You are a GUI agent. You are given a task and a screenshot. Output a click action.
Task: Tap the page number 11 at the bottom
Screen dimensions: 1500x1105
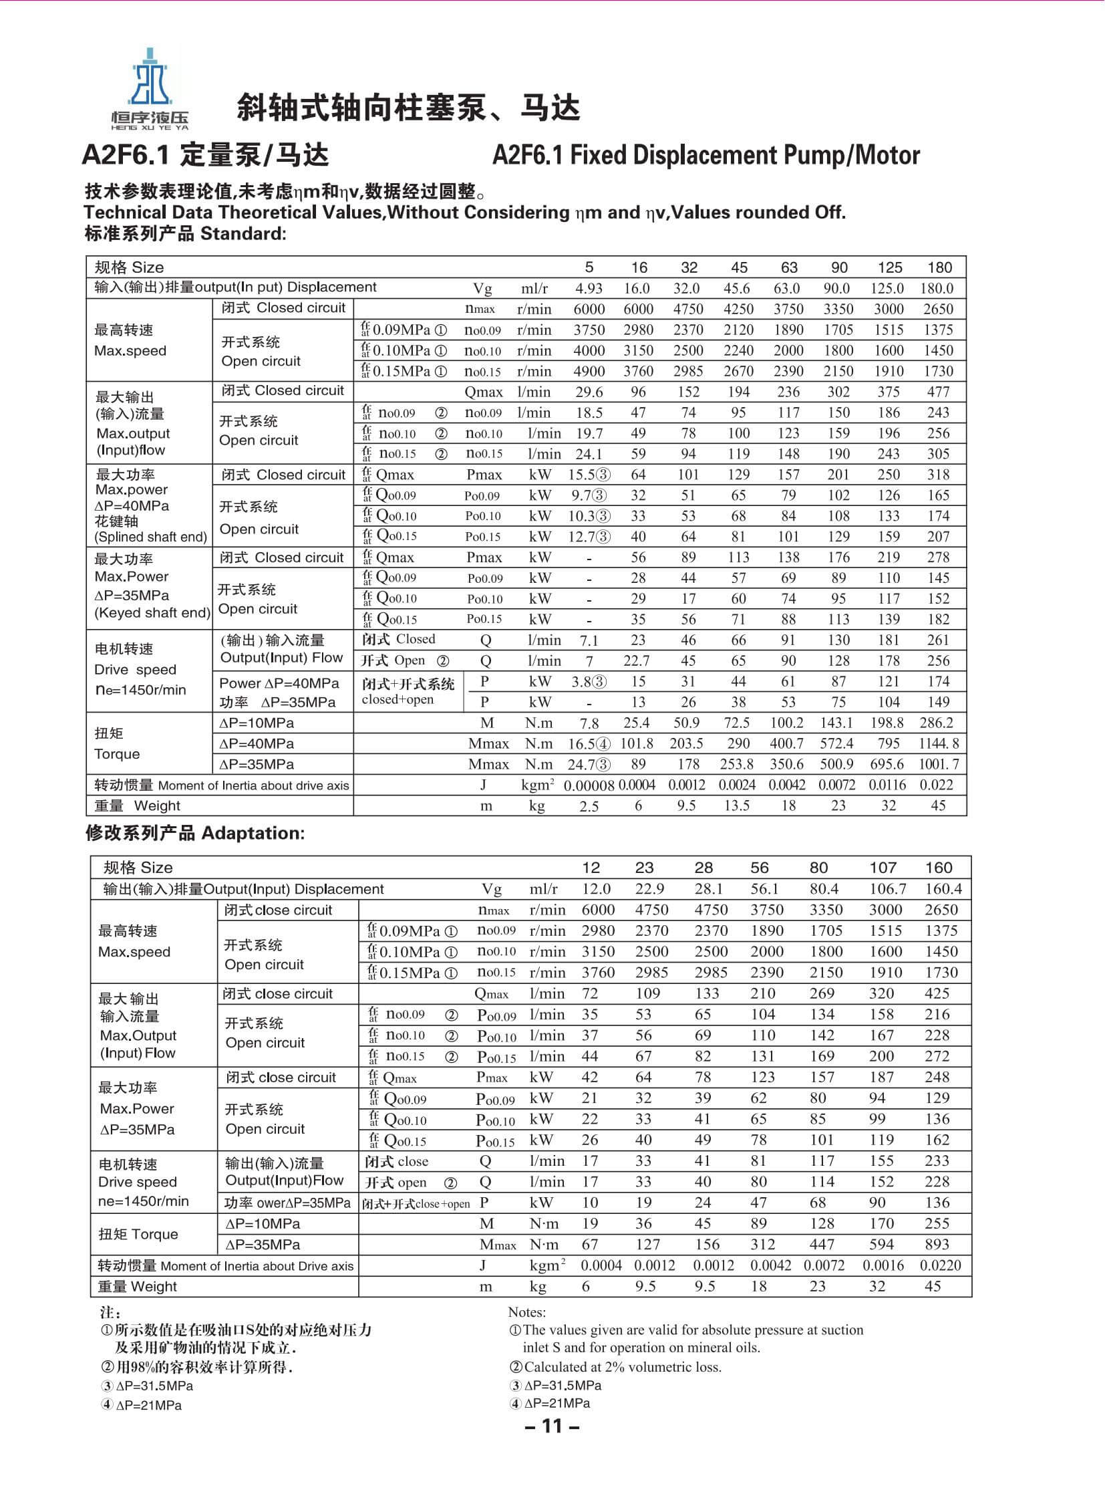pos(552,1426)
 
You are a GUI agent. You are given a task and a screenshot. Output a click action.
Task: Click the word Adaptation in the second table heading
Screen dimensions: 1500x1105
pos(252,834)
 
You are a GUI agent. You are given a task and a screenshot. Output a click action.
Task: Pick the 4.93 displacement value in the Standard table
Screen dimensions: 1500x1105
pos(589,289)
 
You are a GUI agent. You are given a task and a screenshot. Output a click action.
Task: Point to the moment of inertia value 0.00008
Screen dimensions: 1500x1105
pos(589,786)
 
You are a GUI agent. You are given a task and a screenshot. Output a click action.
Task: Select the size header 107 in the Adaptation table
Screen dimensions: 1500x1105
pos(883,868)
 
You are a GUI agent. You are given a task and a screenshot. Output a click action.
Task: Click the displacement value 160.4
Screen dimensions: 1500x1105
pos(939,889)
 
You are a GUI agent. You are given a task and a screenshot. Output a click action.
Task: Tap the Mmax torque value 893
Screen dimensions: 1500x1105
pos(937,1244)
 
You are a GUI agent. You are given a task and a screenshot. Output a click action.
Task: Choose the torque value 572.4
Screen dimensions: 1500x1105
pos(837,743)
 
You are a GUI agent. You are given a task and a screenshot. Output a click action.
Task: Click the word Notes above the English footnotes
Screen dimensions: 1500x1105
pos(527,1312)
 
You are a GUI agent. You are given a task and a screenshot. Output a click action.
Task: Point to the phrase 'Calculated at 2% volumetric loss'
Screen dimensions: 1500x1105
pos(622,1367)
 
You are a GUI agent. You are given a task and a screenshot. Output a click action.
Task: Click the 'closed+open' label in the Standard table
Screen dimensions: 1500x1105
pos(398,699)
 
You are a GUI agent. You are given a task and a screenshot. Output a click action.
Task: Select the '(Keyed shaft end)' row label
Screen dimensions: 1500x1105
pos(152,612)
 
